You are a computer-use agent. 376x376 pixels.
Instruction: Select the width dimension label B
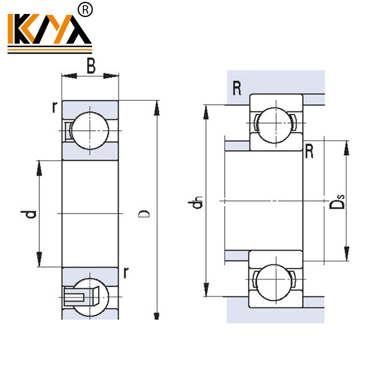[x=91, y=67]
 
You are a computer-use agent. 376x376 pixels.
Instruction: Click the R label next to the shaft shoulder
[x=309, y=151]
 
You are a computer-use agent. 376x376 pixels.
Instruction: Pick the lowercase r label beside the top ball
[x=55, y=108]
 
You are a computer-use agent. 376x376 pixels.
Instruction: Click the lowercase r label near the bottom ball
[x=125, y=272]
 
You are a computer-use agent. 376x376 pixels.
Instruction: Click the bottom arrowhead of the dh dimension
[x=205, y=289]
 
